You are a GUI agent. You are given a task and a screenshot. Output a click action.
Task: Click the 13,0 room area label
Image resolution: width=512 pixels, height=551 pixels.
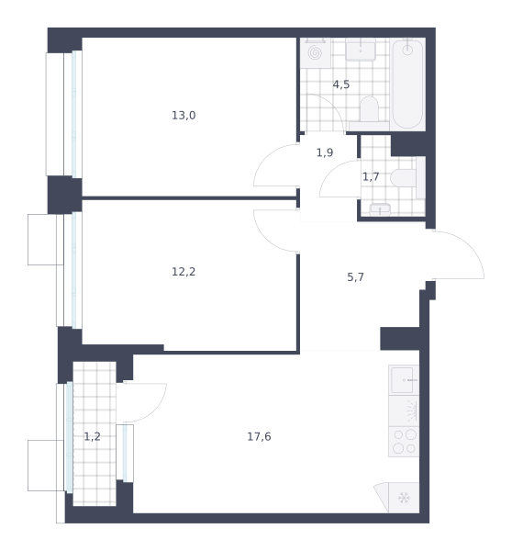[x=184, y=116]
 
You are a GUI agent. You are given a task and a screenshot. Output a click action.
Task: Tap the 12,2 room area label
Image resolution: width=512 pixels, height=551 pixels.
[x=184, y=272]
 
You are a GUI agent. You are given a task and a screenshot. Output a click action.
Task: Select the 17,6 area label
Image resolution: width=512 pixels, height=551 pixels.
[x=259, y=436]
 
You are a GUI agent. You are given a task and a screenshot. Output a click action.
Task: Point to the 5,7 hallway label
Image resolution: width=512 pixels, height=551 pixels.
[x=355, y=277]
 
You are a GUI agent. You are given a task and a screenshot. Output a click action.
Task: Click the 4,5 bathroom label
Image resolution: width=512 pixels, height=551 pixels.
[x=341, y=84]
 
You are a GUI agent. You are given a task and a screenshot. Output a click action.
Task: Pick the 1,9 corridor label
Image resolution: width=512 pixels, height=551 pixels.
[x=325, y=152]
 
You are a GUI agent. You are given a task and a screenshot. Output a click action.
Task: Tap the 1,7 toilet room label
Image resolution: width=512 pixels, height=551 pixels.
[x=371, y=176]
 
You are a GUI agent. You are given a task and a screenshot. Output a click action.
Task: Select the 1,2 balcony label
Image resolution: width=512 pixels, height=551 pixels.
[x=92, y=436]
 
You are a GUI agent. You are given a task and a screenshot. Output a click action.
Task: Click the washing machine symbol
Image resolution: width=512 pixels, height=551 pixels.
[x=315, y=53]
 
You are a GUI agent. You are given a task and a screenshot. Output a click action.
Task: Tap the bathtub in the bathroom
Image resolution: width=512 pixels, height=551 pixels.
[x=407, y=84]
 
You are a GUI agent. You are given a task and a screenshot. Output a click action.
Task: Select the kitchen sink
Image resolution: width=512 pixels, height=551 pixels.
[x=404, y=380]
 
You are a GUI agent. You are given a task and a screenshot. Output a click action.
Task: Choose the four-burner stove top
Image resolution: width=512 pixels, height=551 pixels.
[x=404, y=442]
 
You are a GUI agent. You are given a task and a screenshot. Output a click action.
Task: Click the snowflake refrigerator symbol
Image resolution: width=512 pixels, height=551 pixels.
[x=404, y=498]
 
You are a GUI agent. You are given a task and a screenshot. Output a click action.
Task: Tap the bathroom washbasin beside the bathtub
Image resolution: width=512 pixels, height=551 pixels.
[x=361, y=50]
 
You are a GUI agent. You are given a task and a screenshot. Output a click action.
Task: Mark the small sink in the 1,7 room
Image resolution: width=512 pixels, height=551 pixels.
[x=380, y=209]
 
